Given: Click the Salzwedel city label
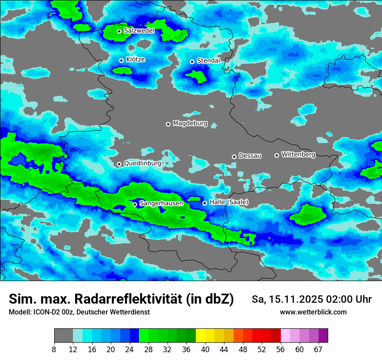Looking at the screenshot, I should click(139, 31).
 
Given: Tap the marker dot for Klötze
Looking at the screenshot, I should click(121, 60).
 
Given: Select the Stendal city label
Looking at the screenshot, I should click(208, 61).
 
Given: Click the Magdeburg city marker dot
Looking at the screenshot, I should click(168, 124).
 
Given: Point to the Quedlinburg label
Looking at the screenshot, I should click(142, 164).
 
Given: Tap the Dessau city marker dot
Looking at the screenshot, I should click(234, 157).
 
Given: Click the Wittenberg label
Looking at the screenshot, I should click(298, 154).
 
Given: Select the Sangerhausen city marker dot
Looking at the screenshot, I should click(135, 204).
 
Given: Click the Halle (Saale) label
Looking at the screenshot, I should click(229, 202).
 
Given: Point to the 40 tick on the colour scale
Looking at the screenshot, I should click(205, 349).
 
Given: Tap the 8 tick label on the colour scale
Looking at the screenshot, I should click(54, 349).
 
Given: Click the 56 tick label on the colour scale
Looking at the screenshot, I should click(281, 349).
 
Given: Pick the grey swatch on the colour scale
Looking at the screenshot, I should click(63, 336).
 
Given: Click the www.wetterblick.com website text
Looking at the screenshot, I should click(313, 312).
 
